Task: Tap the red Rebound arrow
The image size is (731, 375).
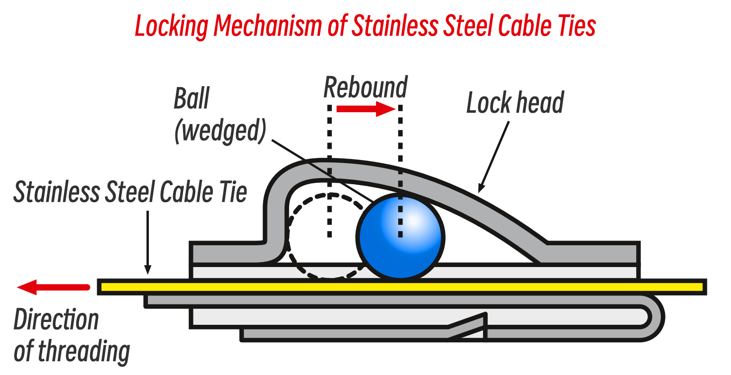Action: (x=365, y=109)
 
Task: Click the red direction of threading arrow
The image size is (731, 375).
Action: (x=52, y=287)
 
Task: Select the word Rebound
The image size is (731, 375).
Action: (x=365, y=88)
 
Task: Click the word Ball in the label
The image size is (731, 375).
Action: (x=192, y=99)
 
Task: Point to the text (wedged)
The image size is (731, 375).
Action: (x=221, y=130)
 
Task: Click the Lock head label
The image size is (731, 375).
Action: (x=515, y=103)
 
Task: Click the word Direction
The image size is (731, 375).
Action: (x=56, y=320)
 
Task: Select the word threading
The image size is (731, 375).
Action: (x=84, y=352)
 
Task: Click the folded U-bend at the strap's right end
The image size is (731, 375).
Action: (x=657, y=317)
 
